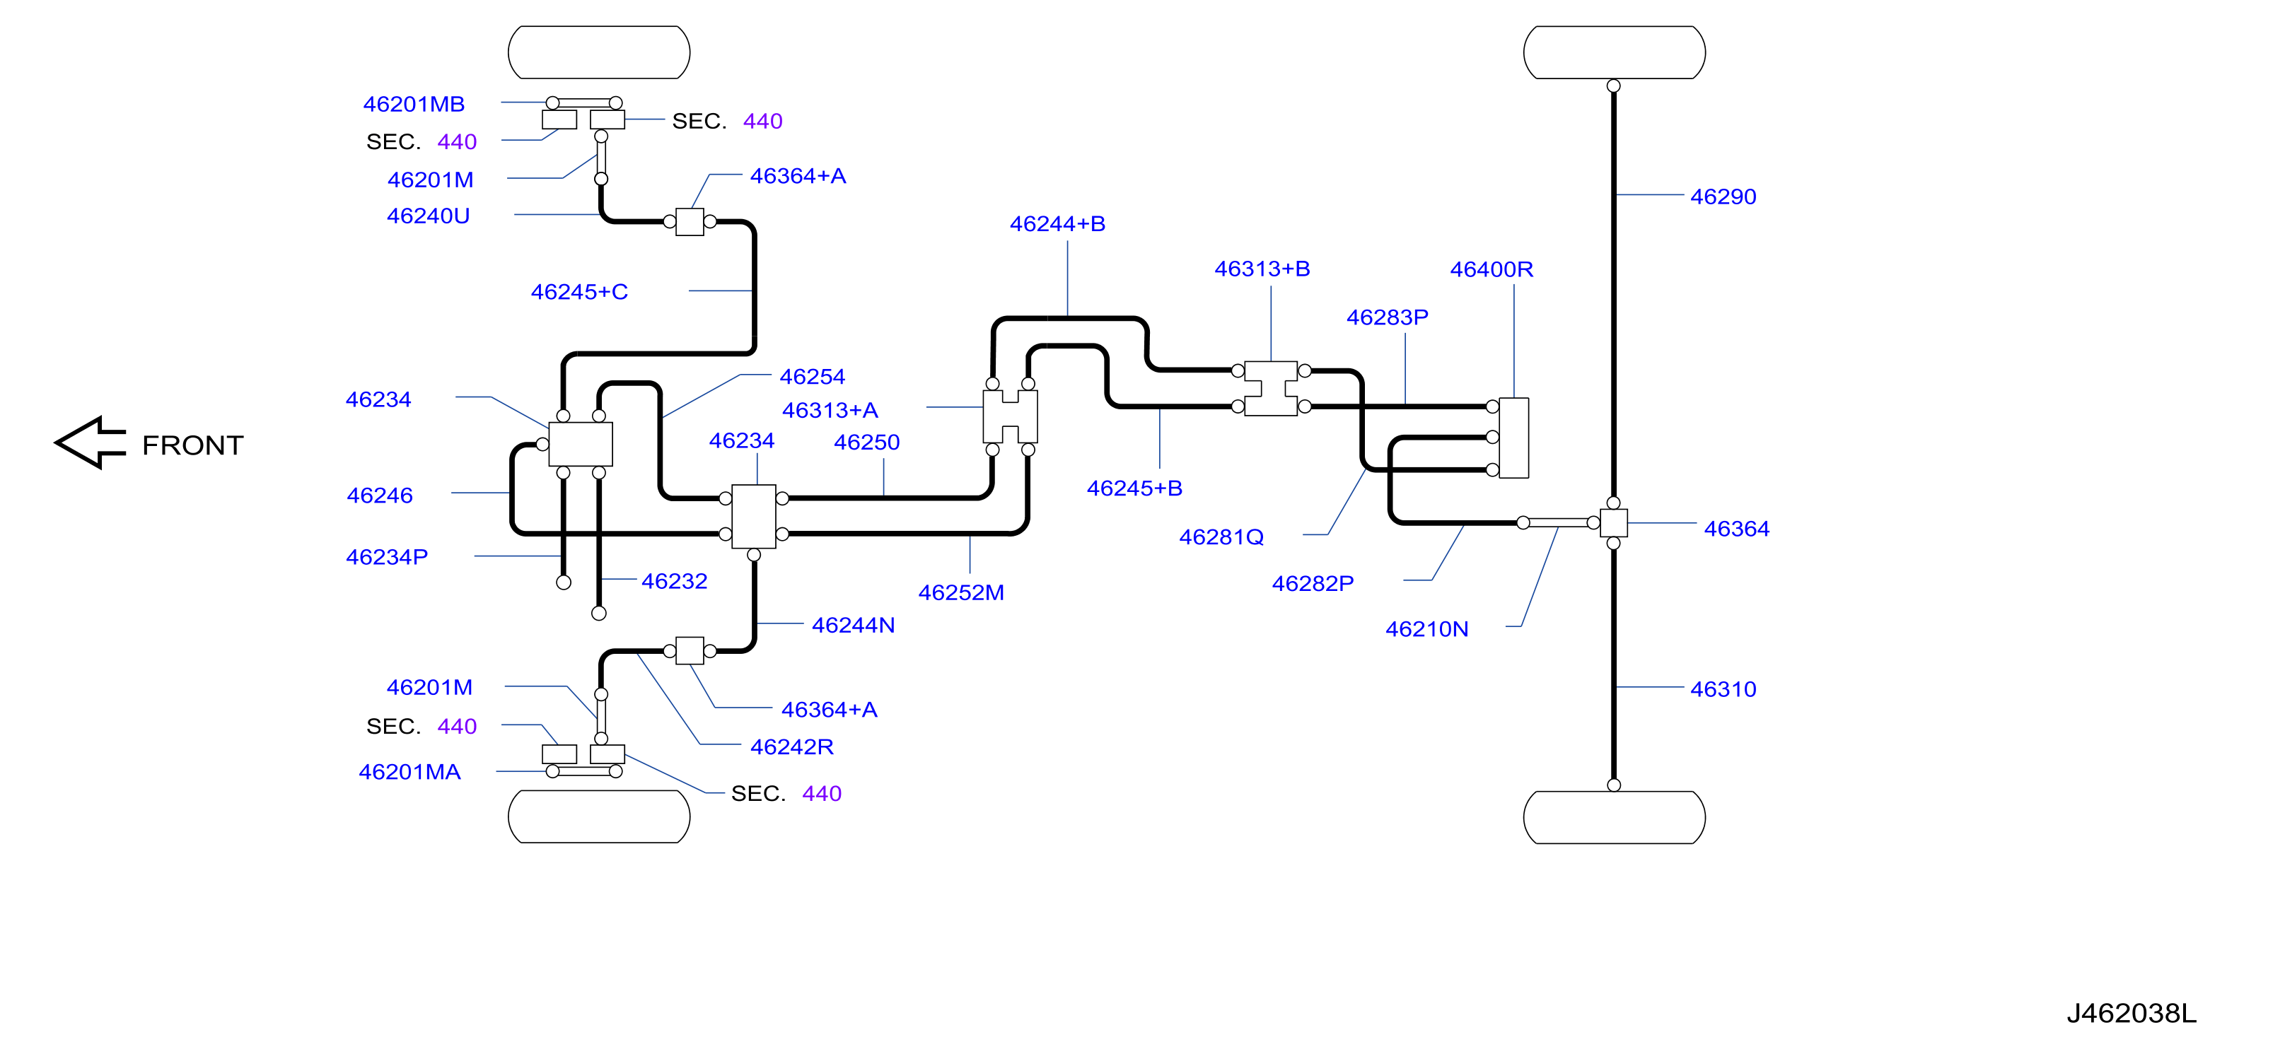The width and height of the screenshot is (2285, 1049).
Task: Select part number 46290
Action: pyautogui.click(x=1723, y=197)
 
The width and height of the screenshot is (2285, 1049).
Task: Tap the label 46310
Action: pyautogui.click(x=1723, y=689)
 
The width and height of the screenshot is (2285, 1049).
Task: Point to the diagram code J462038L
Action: pyautogui.click(x=2131, y=1013)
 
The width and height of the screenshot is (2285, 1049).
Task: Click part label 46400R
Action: pyautogui.click(x=1491, y=269)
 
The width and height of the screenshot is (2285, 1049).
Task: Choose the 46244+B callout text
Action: pyautogui.click(x=1057, y=224)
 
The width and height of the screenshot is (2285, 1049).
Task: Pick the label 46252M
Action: pyautogui.click(x=960, y=592)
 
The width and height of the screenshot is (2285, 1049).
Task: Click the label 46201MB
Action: pyautogui.click(x=413, y=105)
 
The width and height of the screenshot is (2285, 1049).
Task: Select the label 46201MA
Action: pyautogui.click(x=409, y=773)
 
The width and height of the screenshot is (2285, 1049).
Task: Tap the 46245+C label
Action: pyautogui.click(x=579, y=292)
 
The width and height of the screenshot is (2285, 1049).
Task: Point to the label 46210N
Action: pyautogui.click(x=1426, y=630)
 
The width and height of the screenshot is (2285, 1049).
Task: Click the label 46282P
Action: pyautogui.click(x=1313, y=583)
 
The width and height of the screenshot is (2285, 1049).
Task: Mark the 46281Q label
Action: pyautogui.click(x=1221, y=537)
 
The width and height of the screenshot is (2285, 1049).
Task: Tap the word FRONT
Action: pyautogui.click(x=192, y=445)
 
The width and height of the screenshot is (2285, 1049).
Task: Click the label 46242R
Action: pyautogui.click(x=791, y=747)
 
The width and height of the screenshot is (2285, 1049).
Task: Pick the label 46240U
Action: pyautogui.click(x=428, y=216)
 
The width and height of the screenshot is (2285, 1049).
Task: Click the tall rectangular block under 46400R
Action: pyautogui.click(x=1513, y=438)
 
